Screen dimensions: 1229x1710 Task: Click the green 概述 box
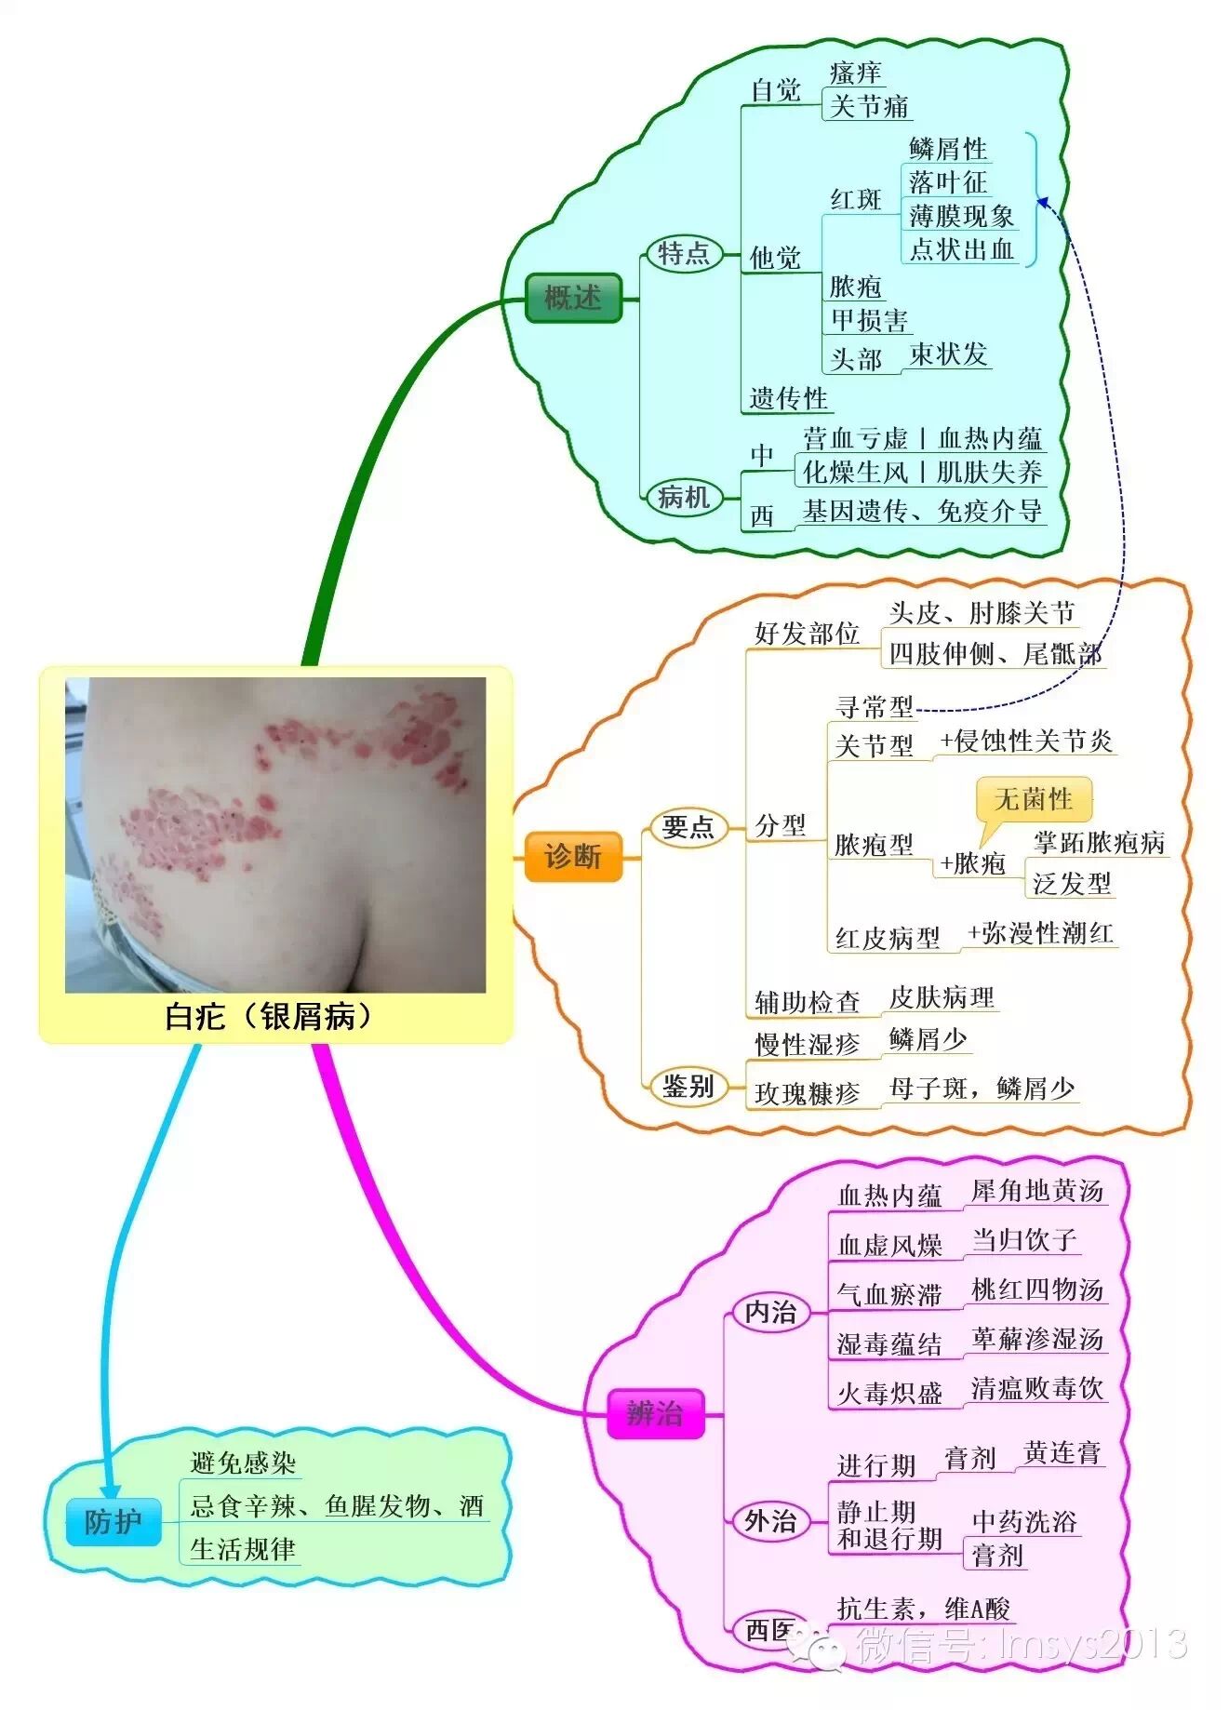572,299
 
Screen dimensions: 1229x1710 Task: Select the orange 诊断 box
572,856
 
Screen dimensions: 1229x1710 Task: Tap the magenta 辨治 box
654,1414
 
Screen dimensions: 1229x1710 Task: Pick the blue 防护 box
113,1522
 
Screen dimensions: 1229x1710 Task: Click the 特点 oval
684,253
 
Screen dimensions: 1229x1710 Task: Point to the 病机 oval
684,497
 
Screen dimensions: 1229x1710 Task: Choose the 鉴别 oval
688,1086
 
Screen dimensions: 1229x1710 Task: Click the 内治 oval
770,1312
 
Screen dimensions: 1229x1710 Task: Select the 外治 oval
770,1521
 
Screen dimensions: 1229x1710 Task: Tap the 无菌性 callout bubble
1033,799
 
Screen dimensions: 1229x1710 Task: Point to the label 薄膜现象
961,216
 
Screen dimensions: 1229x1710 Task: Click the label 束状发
947,354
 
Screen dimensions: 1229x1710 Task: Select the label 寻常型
874,707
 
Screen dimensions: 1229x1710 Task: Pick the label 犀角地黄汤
1036,1191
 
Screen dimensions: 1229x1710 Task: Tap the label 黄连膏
1062,1453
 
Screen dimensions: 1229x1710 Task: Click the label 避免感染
243,1463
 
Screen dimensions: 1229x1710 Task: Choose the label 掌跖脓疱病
1098,843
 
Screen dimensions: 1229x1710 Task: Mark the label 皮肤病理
942,997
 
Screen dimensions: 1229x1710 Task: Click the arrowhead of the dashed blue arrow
1043,201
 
